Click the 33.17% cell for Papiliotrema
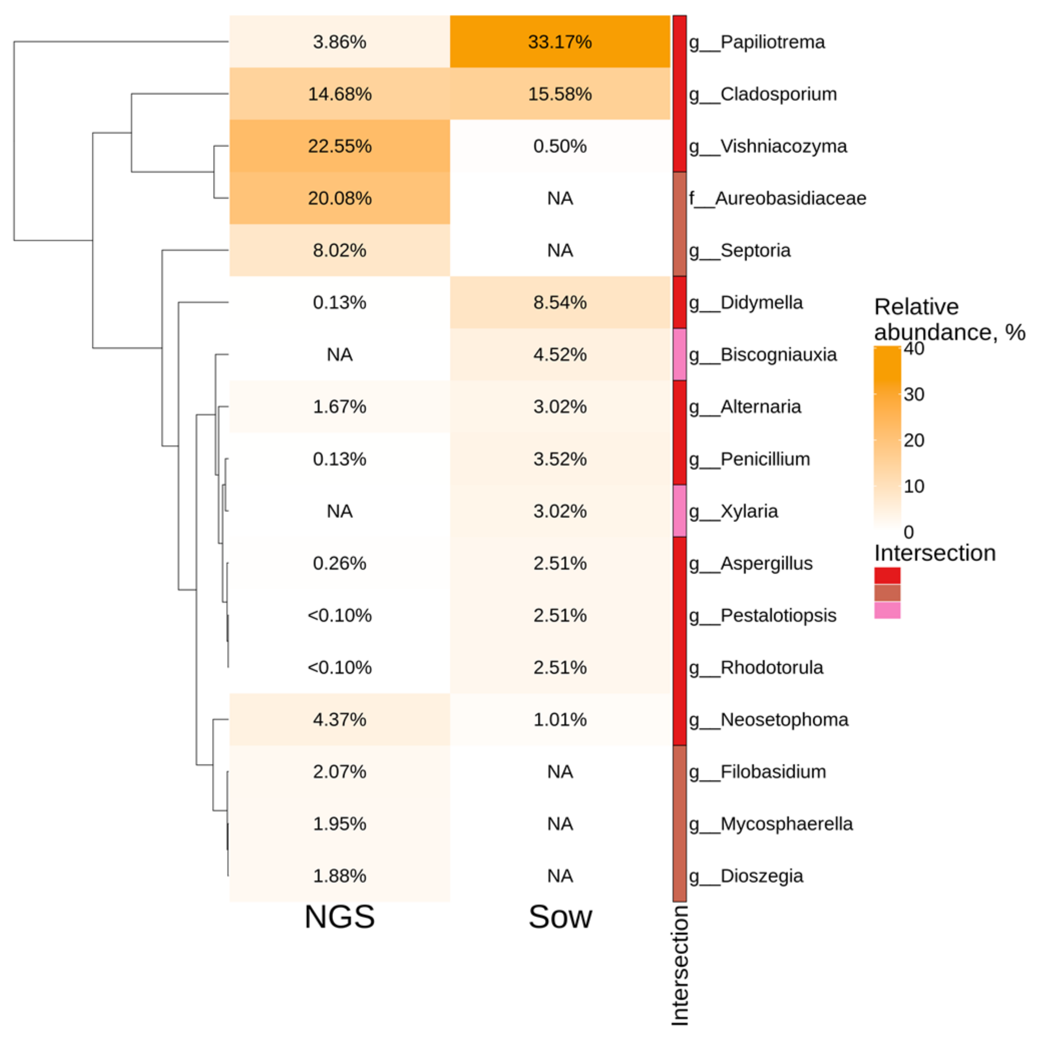(x=560, y=42)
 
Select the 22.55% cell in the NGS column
(x=340, y=146)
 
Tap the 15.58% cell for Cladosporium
(x=560, y=94)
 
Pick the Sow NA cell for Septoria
(x=560, y=250)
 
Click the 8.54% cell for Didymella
(x=560, y=302)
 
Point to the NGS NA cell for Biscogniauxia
(x=340, y=355)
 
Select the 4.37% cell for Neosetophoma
(x=340, y=719)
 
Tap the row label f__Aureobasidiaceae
(x=777, y=198)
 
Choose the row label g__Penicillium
(x=749, y=459)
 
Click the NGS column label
(x=340, y=917)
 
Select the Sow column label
(x=560, y=917)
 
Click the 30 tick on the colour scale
(x=914, y=394)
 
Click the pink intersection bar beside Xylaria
(x=680, y=511)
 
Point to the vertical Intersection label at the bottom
(x=680, y=965)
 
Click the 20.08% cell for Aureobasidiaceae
(x=340, y=198)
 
